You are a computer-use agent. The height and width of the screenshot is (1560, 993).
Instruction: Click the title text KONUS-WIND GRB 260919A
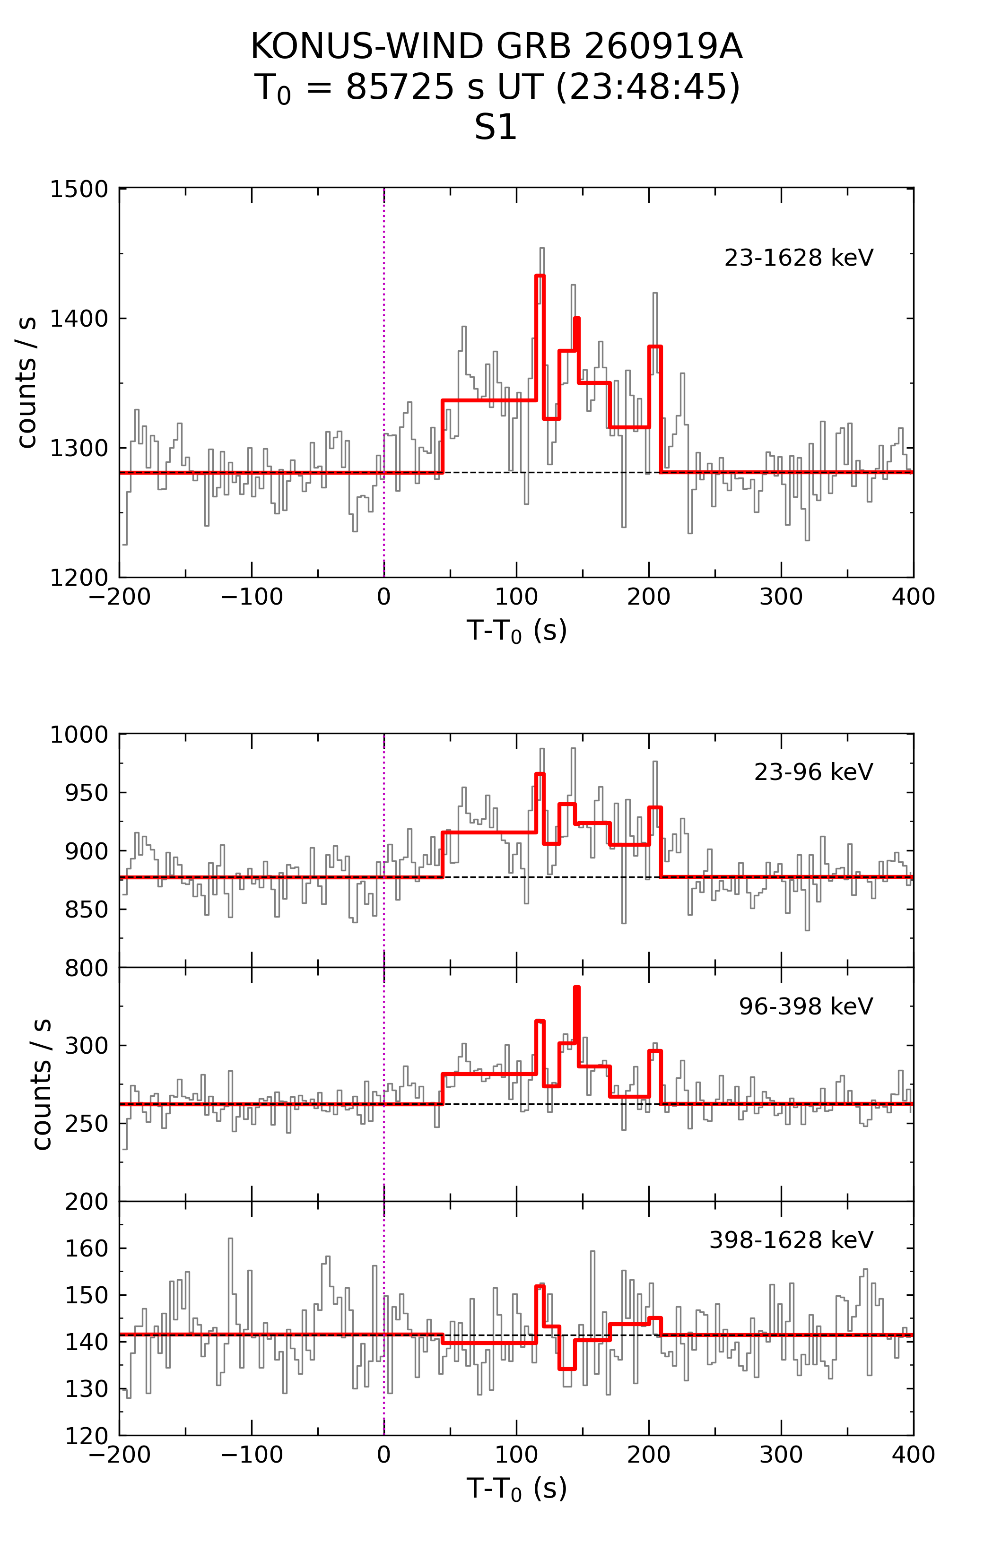point(496,47)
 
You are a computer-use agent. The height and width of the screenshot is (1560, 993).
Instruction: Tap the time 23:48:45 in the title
point(647,87)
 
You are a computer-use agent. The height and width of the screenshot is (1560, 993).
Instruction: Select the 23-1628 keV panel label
point(799,258)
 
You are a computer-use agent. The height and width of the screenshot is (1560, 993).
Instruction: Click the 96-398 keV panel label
point(806,1006)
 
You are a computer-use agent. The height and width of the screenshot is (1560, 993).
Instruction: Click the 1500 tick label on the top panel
point(79,189)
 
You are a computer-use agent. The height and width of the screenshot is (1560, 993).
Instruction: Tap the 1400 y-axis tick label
point(79,319)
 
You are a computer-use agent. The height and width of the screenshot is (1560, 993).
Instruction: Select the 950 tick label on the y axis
point(86,792)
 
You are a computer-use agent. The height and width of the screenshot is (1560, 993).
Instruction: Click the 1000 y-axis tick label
point(79,735)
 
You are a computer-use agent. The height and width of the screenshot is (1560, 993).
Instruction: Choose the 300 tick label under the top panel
point(781,596)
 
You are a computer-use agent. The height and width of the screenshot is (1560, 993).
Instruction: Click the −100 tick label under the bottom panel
point(252,1455)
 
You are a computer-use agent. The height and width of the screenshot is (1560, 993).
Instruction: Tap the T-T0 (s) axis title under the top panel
point(516,630)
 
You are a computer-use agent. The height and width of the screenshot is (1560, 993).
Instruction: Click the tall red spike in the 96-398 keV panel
point(577,988)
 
